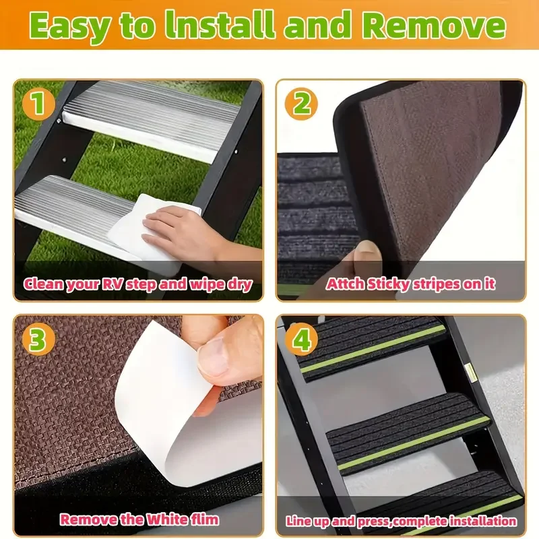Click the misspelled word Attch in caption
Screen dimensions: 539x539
(345, 284)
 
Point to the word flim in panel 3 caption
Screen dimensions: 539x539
(203, 520)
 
